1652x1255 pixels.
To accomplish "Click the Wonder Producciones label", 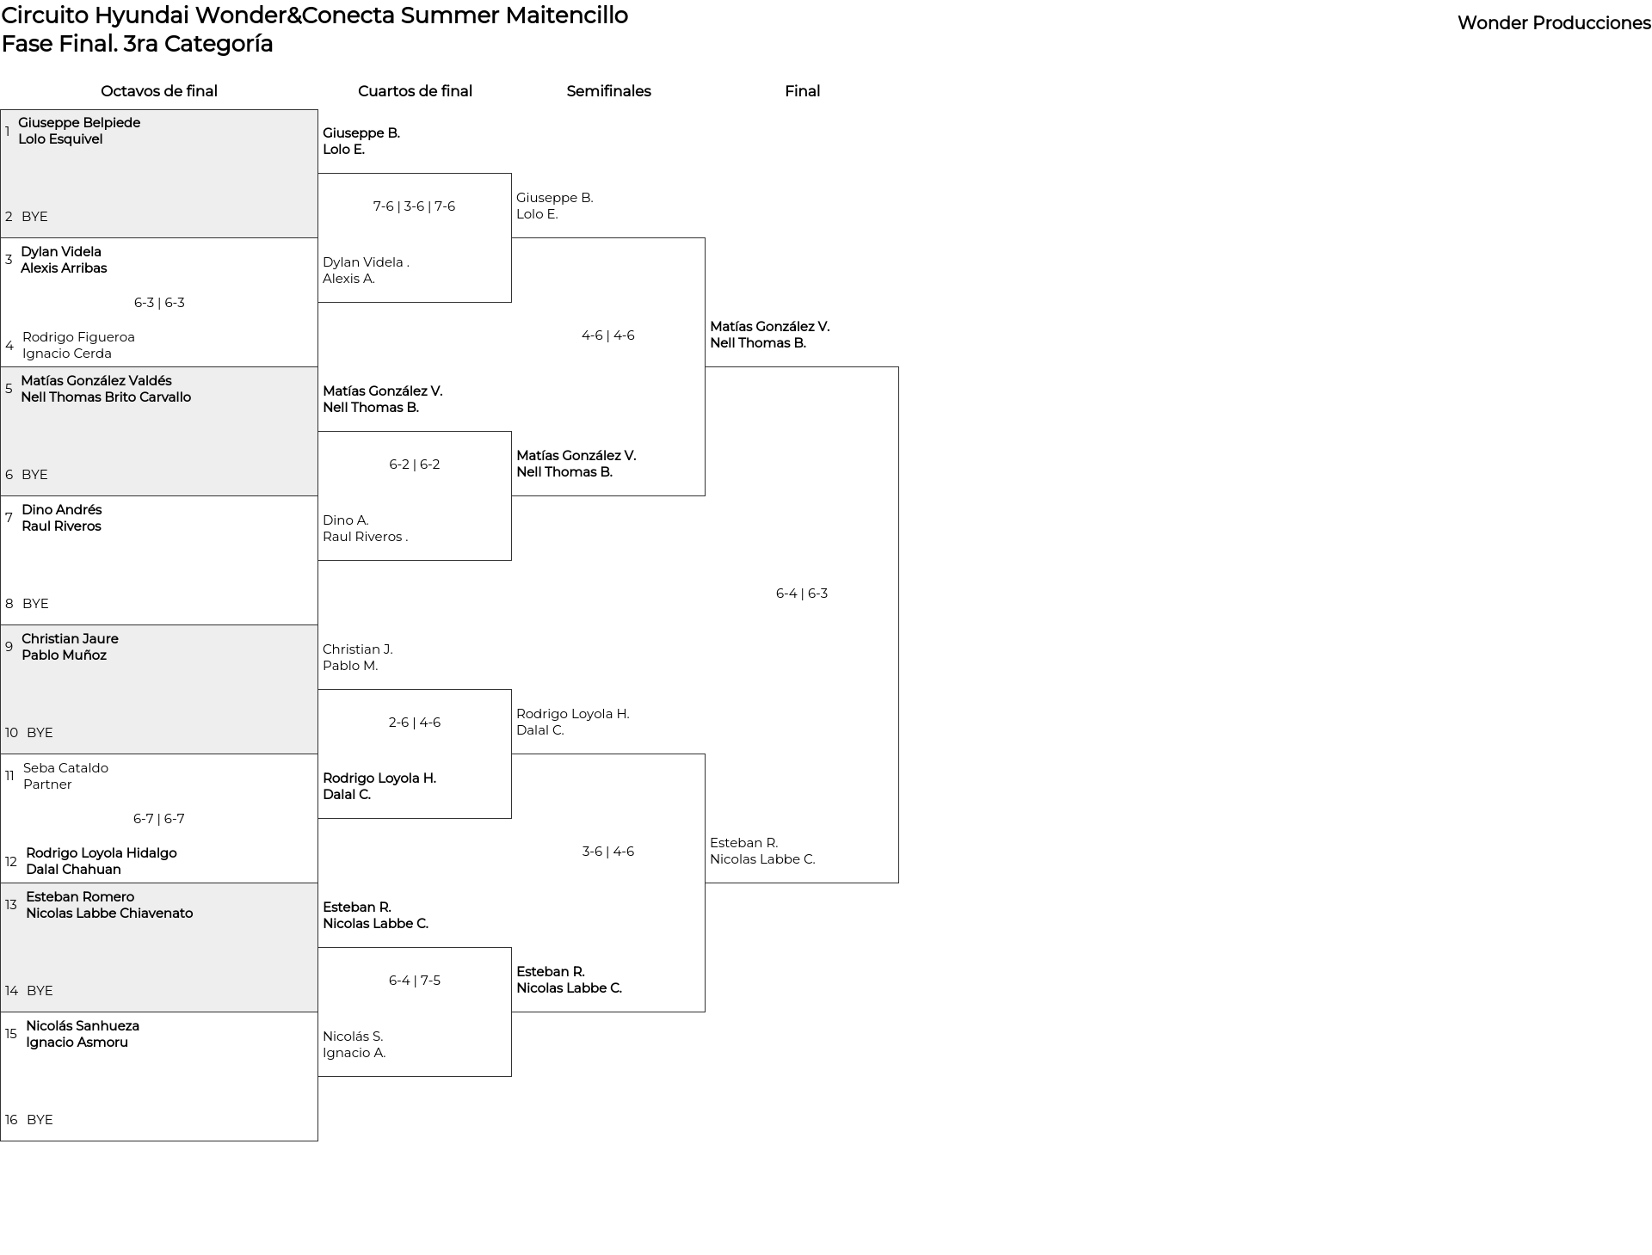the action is click(x=1554, y=23).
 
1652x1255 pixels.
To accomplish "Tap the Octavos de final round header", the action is click(x=159, y=91).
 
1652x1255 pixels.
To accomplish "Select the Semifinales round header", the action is click(x=608, y=91).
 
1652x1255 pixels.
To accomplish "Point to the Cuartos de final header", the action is click(x=415, y=91).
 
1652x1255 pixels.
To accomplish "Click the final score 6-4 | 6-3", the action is click(x=802, y=594).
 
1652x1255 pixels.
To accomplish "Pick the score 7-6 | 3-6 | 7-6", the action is click(x=414, y=206).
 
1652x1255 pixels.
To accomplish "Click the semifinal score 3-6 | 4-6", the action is click(x=608, y=852).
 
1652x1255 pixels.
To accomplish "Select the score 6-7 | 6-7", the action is click(x=159, y=819).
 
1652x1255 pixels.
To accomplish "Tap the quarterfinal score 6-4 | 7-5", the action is click(x=415, y=981).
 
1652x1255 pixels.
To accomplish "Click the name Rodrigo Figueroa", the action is click(x=78, y=337).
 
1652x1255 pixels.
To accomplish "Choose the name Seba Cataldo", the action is click(x=65, y=768).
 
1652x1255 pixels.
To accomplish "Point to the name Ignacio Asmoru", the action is click(x=77, y=1043).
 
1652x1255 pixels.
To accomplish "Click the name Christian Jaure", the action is click(x=70, y=639).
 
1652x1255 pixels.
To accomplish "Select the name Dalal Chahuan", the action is click(x=73, y=870).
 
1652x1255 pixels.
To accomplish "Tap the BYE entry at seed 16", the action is click(x=40, y=1120).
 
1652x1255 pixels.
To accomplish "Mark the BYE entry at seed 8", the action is click(x=35, y=604).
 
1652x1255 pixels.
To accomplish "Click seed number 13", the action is click(x=11, y=905).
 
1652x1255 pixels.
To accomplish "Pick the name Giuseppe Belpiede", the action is click(x=79, y=123).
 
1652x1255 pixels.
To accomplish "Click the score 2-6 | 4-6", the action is click(x=415, y=723).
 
